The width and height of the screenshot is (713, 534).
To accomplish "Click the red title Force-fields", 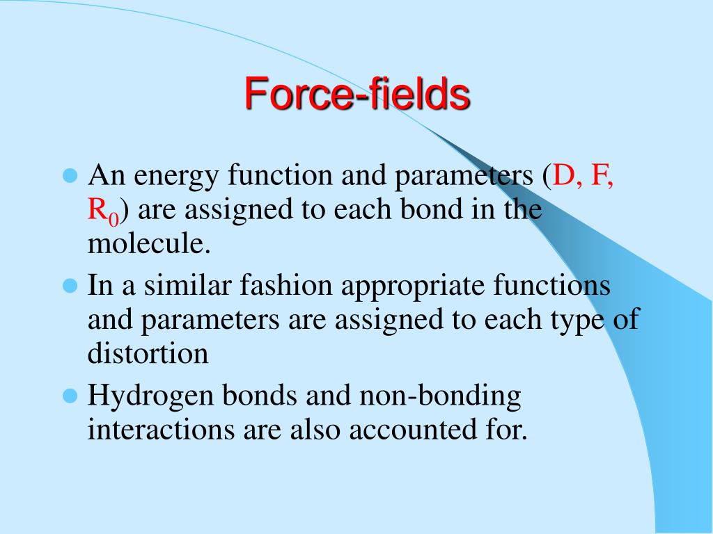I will click(x=356, y=93).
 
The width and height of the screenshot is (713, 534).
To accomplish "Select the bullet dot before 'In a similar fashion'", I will click(x=69, y=285).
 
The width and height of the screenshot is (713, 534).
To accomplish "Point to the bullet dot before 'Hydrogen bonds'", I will click(x=69, y=396).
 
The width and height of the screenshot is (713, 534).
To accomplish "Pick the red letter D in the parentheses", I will click(x=562, y=175).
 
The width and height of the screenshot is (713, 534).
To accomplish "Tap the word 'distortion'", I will click(x=148, y=353).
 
